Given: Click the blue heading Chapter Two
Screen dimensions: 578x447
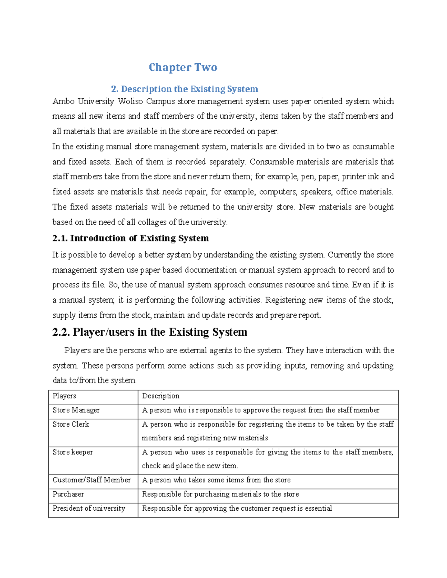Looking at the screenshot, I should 183,67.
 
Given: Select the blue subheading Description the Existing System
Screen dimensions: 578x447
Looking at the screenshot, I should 184,89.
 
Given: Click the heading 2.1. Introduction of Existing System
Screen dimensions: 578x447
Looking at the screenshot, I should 130,238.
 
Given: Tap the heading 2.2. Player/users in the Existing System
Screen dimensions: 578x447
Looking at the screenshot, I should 150,332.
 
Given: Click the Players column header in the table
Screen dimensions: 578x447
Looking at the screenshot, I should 64,396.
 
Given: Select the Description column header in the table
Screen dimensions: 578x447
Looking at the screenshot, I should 161,396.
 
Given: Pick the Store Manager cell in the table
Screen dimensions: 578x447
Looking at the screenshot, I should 76,410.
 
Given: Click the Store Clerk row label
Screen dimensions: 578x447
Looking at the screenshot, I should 71,424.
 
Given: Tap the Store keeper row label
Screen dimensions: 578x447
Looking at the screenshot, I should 73,452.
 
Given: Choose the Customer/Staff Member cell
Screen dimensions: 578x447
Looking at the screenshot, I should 92,480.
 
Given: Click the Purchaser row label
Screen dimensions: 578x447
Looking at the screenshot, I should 68,494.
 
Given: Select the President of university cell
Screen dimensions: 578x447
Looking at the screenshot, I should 89,508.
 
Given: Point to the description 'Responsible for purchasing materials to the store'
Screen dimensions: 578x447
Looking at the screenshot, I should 221,494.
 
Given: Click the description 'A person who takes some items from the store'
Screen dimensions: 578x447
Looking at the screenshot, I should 216,480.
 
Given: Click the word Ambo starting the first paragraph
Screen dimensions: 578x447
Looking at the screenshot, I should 63,102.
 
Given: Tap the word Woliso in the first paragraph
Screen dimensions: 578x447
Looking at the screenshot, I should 130,102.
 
